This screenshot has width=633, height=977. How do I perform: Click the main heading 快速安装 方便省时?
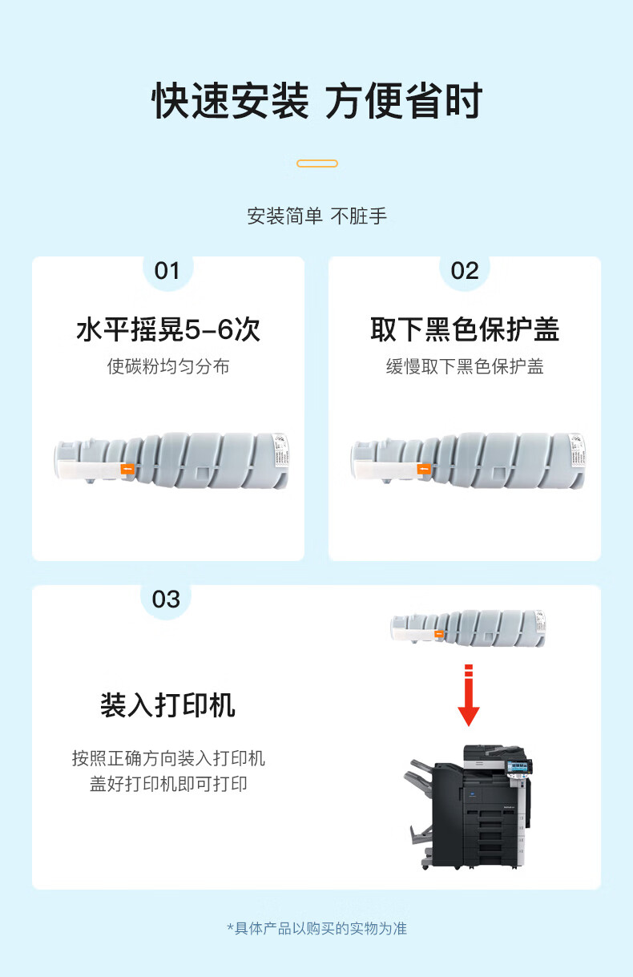point(317,101)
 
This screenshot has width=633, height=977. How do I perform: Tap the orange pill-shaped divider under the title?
point(317,164)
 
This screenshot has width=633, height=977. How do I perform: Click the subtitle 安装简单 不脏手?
point(317,216)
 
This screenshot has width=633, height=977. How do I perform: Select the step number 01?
point(167,271)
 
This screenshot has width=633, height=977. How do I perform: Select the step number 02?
point(465,271)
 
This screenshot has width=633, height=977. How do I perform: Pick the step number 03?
point(166,600)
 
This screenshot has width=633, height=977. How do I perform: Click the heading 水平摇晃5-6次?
point(168,329)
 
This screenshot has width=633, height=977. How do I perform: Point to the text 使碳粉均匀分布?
point(168,366)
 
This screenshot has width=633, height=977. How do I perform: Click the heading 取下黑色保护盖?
point(465,329)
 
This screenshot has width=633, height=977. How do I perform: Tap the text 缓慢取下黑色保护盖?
point(465,366)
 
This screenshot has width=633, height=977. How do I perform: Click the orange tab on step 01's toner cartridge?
point(127,469)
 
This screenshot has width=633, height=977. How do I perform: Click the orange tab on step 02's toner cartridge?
point(424,469)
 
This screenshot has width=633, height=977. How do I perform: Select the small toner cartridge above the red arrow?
point(468,628)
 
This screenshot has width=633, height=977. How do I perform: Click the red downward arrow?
point(469,695)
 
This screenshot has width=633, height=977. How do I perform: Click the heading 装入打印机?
point(168,705)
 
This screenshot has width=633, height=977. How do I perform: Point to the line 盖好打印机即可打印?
point(168,784)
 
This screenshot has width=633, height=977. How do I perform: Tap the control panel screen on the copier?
point(518,766)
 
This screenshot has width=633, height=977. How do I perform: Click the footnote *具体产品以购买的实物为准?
point(317,929)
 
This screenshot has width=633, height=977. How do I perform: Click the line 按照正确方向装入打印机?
point(168,758)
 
